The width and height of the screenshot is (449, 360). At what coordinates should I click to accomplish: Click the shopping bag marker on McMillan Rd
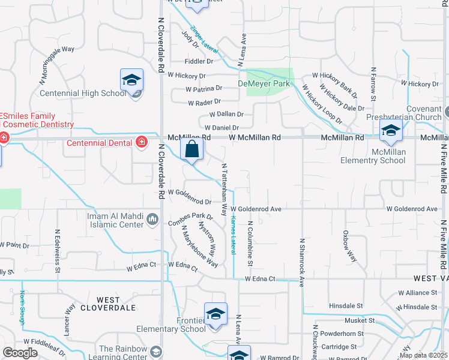point(191,150)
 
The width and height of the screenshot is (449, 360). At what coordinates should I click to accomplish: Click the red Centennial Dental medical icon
point(142,142)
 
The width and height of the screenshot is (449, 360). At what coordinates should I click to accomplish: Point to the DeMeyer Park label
point(264,83)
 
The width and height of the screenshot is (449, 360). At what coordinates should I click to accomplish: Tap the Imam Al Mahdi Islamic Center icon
point(153,220)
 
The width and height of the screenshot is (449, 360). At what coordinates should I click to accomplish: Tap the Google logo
point(20,352)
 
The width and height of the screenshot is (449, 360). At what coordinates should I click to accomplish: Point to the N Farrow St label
point(373,83)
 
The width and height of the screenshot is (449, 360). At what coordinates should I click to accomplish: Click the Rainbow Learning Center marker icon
point(156,351)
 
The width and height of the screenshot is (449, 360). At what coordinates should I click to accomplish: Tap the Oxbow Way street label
point(349,246)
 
